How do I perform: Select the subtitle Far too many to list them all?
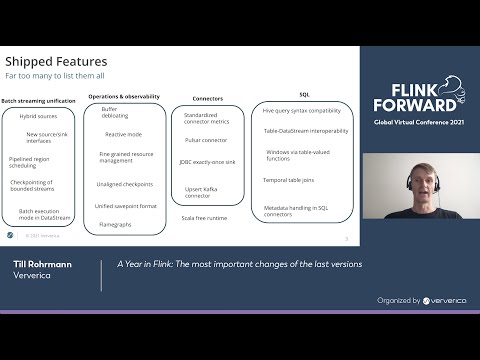[54, 76]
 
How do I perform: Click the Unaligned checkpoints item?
[124, 184]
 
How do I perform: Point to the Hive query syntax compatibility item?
[296, 109]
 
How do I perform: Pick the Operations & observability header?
[124, 95]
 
